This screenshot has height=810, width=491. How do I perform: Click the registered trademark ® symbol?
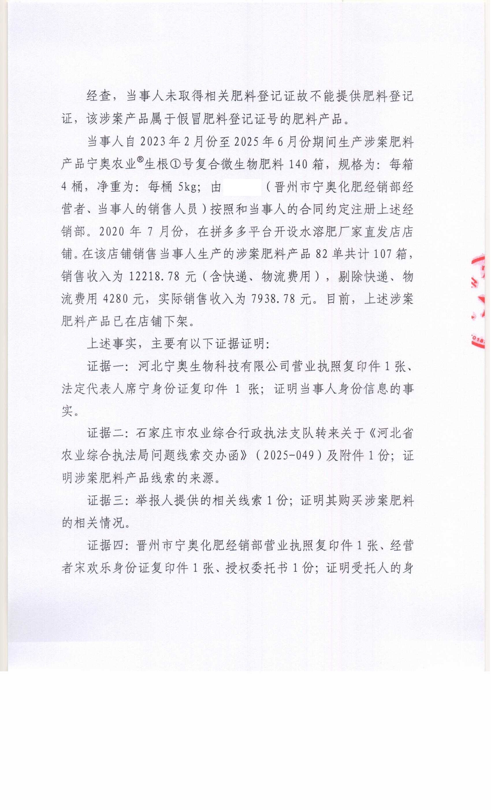click(x=140, y=160)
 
